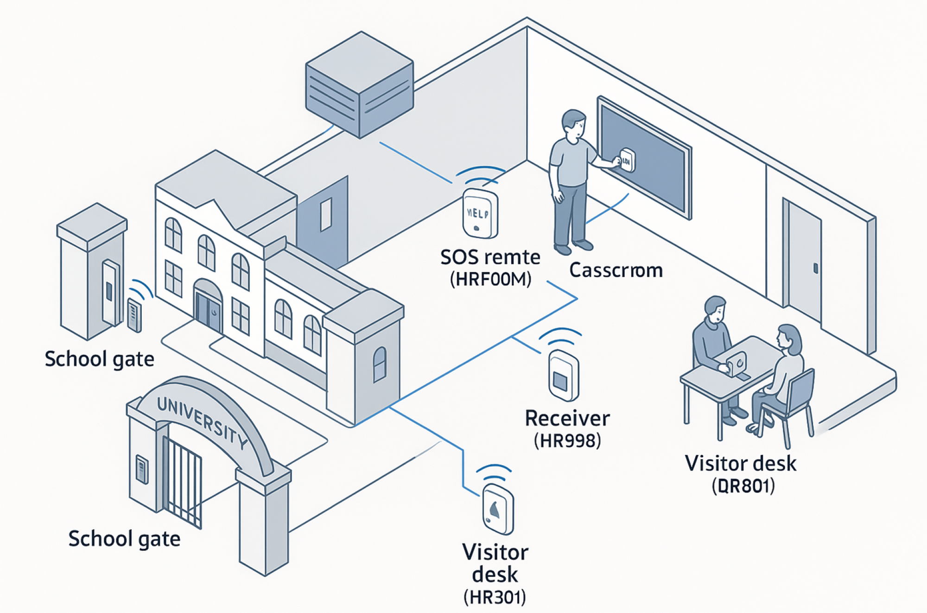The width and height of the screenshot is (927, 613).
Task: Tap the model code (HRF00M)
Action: click(491, 279)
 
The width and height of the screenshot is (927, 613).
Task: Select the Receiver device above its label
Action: click(563, 376)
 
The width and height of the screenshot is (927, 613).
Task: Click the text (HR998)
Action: click(567, 441)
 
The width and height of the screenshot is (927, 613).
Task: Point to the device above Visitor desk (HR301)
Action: click(498, 509)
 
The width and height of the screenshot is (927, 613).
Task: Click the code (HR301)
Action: click(495, 597)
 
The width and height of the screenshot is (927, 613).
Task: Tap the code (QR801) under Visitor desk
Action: click(743, 486)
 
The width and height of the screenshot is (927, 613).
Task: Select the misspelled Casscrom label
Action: click(616, 270)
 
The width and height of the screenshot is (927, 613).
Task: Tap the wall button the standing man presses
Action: click(627, 160)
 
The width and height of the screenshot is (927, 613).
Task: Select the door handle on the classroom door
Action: click(816, 268)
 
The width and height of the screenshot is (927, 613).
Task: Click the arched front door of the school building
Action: click(208, 306)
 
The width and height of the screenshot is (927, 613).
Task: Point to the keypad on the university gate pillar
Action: click(142, 469)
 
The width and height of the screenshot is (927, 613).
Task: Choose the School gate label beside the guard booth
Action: click(99, 359)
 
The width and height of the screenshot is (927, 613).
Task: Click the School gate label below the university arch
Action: click(124, 539)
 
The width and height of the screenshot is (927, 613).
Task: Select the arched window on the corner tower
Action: click(380, 364)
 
